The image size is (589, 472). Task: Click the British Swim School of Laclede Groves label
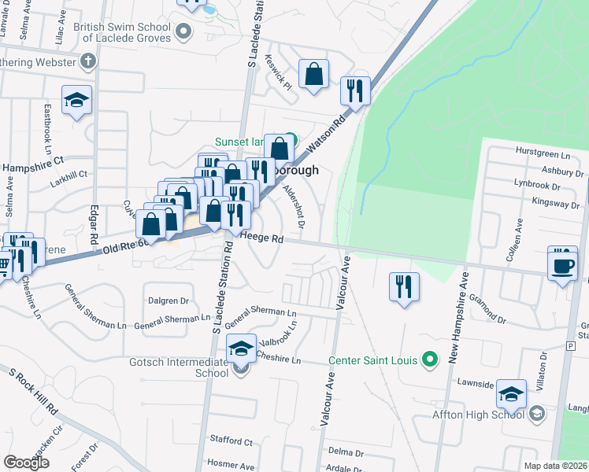coord(121,32)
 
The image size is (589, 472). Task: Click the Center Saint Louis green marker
coord(429,360)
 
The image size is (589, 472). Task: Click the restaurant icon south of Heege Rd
coord(404,286)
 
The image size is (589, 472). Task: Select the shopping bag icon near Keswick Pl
coord(313,75)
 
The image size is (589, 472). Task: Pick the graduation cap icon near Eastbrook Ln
coord(77,100)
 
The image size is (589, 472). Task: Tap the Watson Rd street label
coord(327,135)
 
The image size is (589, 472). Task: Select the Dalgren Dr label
coord(169,301)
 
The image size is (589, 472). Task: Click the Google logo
coord(26,463)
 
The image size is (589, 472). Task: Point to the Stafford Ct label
coord(230,442)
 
